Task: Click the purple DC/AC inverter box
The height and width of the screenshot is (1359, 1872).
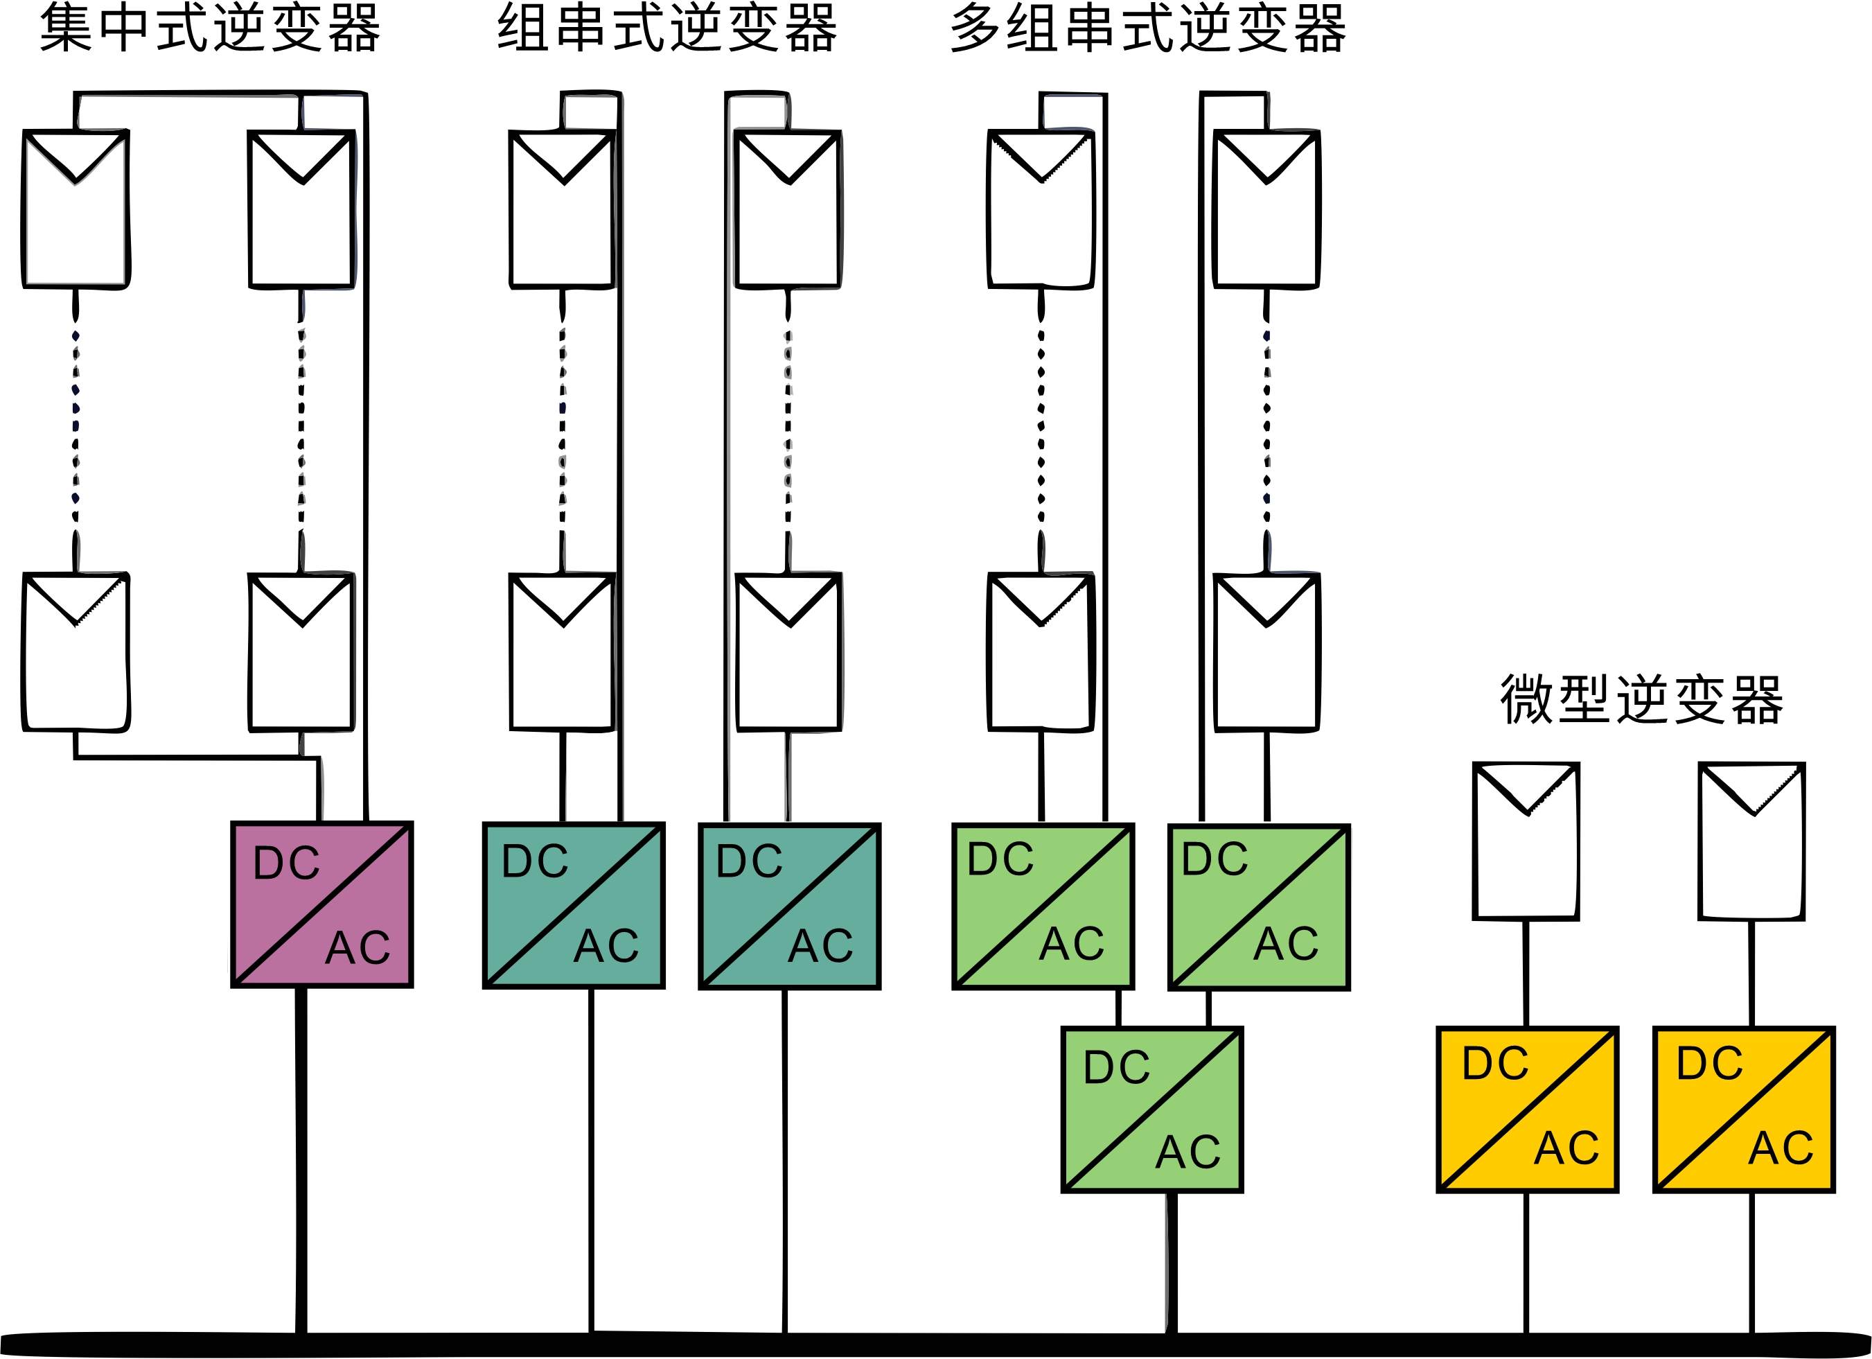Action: click(x=322, y=904)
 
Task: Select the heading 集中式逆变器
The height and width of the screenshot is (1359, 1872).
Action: click(x=211, y=29)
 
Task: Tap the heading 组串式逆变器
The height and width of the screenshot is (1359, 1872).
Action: click(x=667, y=29)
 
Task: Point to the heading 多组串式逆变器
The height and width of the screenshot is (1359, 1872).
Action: click(x=1147, y=29)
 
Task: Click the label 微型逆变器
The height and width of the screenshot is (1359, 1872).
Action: click(x=1641, y=699)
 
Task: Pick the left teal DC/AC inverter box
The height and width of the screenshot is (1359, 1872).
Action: click(x=574, y=906)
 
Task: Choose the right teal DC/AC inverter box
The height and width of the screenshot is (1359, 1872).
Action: click(x=790, y=906)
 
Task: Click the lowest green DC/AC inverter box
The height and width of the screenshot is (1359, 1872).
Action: click(x=1152, y=1110)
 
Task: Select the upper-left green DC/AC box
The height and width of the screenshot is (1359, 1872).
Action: click(x=1043, y=906)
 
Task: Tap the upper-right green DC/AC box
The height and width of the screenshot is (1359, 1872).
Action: click(x=1260, y=906)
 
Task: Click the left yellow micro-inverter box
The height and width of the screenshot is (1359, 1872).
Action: click(x=1528, y=1110)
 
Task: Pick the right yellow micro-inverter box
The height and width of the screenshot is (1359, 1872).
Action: click(x=1744, y=1110)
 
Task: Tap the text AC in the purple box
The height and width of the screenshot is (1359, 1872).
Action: click(x=357, y=948)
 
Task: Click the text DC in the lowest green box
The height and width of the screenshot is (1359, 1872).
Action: click(x=1117, y=1067)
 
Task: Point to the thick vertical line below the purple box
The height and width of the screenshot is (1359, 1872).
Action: click(x=301, y=1156)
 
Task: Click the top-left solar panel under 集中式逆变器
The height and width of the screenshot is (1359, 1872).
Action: click(x=76, y=209)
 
